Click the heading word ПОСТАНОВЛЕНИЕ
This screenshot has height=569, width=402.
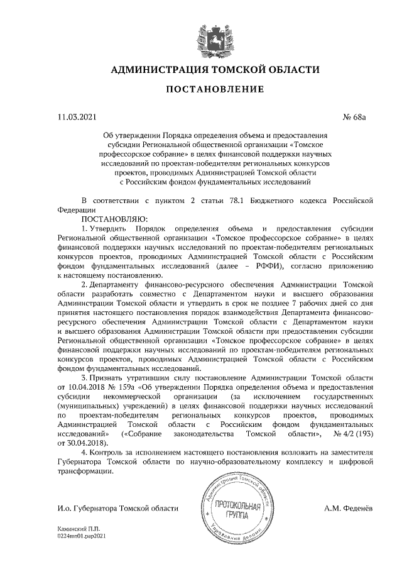pyautogui.click(x=215, y=90)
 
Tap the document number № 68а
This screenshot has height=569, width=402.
pyautogui.click(x=361, y=117)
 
